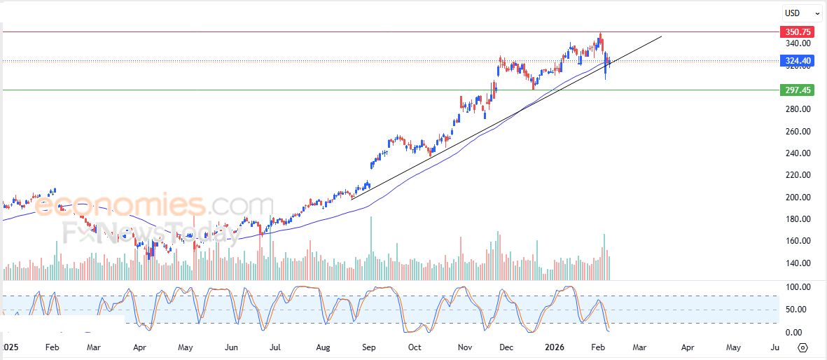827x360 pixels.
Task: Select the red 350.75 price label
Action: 798,32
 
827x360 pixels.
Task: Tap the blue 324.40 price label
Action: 798,61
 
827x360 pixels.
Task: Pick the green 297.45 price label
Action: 798,90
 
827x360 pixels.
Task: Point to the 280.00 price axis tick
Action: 797,109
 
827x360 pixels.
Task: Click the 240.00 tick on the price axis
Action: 797,153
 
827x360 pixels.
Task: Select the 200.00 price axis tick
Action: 797,198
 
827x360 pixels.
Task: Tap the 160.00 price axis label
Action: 797,241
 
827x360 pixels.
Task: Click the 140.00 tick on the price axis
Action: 797,263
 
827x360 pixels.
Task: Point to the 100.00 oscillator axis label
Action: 797,287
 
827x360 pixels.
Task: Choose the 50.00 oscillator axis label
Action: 797,310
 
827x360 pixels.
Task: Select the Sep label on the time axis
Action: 368,347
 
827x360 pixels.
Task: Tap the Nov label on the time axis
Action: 463,347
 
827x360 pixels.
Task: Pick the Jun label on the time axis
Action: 232,347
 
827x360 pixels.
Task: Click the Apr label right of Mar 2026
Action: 688,347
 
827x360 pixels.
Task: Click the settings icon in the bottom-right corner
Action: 803,347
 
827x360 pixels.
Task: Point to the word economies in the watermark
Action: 119,205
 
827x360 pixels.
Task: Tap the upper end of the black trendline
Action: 661,36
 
